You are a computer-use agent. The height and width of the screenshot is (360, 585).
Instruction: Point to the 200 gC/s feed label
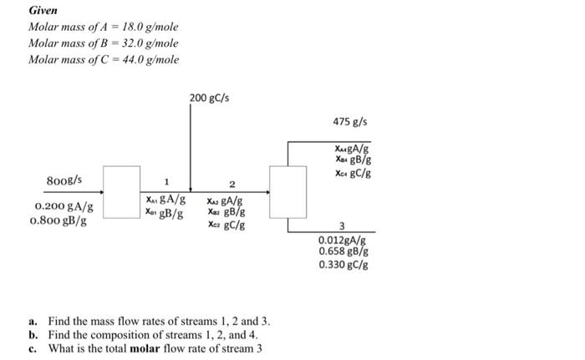coord(209,99)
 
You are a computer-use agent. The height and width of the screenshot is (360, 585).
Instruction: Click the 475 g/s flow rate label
coord(345,122)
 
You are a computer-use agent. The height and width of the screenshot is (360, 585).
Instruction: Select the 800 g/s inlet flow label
coord(64,179)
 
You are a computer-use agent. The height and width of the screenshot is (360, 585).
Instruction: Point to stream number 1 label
coord(165,182)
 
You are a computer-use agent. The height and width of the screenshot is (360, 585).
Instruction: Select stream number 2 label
coord(232,183)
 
